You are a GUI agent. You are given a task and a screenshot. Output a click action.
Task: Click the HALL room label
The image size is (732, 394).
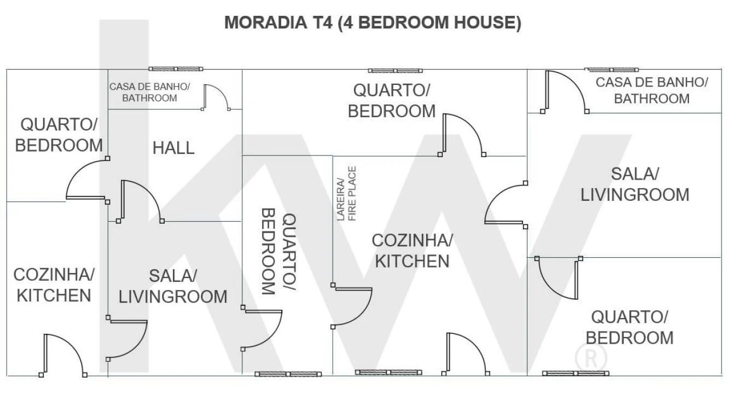pos(173,148)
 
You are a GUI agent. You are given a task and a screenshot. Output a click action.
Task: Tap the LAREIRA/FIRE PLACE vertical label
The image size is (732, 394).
pos(346,194)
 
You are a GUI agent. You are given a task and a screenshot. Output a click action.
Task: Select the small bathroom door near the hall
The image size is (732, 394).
pos(216,97)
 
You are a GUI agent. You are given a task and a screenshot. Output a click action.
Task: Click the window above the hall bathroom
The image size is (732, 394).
pos(176,69)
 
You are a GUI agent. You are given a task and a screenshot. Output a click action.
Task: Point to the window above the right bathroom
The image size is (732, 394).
pos(612,69)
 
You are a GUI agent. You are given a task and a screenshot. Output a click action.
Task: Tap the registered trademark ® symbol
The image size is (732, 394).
pos(591,358)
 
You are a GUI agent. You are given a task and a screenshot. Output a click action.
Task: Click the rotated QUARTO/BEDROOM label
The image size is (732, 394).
pos(279,252)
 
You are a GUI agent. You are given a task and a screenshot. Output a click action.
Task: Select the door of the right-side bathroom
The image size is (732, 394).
pos(565,92)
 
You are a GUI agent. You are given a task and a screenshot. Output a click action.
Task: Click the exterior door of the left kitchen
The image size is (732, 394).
pos(63,355)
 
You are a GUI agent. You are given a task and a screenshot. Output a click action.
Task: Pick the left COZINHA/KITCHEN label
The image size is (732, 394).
pos(54,285)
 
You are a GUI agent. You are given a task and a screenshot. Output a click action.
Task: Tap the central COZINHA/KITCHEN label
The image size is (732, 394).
pos(413,251)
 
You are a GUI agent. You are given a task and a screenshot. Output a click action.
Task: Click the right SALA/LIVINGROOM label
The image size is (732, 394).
pos(635,184)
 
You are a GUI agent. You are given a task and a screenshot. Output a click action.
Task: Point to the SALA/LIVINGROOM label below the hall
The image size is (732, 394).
pos(173,286)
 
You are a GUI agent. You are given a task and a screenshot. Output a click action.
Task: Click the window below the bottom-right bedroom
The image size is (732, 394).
pos(576,373)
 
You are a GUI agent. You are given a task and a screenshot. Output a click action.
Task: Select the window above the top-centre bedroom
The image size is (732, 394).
pos(396,71)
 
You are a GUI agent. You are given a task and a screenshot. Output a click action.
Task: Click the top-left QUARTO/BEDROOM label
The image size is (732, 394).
pos(59,135)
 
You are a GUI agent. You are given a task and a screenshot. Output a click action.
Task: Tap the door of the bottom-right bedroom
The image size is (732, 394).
pos(559,278)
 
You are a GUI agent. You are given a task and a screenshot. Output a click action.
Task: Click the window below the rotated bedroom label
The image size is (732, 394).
pos(288,374)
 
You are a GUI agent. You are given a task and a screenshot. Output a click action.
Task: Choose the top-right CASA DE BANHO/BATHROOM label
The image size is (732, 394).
pos(652,91)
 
